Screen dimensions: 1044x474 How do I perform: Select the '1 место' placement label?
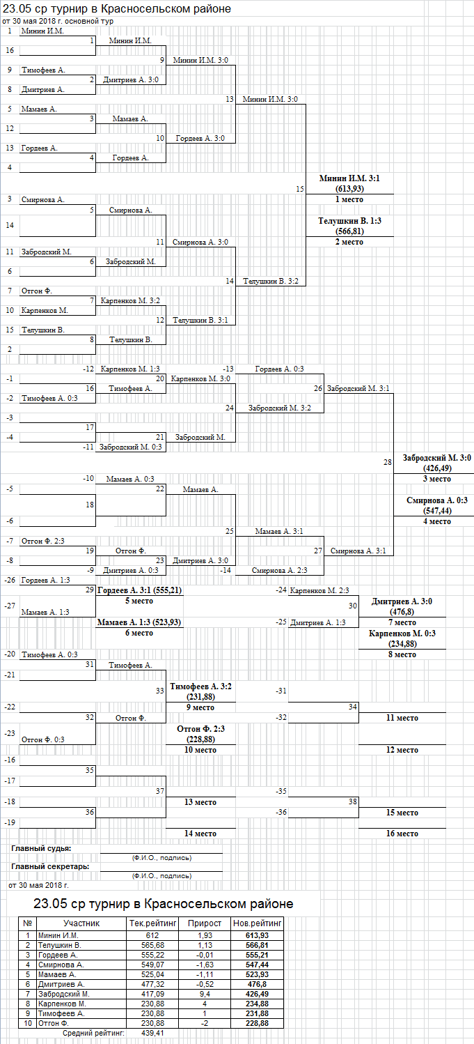349,199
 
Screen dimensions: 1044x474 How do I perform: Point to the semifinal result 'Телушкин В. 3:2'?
271,282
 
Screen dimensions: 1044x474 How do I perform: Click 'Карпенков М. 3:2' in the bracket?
130,301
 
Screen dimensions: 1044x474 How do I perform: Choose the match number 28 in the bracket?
387,462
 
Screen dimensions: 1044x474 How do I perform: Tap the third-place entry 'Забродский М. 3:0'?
437,458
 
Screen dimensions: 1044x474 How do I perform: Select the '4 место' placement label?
437,521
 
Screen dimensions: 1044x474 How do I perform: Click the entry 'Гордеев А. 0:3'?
279,369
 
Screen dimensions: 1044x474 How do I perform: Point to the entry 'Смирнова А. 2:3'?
279,570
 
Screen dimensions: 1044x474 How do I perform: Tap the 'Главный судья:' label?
41,848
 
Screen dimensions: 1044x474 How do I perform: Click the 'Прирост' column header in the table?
204,923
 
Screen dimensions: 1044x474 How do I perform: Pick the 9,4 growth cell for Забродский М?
204,994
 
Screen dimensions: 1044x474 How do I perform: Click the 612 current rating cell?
152,935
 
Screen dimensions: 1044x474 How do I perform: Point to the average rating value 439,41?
152,1033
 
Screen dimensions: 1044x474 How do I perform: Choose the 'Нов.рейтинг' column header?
257,923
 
